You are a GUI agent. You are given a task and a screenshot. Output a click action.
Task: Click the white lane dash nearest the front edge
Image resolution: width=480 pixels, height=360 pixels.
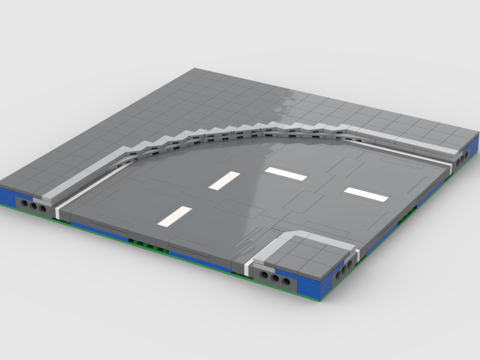175,216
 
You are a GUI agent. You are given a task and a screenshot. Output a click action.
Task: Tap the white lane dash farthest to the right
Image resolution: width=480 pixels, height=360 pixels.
366,193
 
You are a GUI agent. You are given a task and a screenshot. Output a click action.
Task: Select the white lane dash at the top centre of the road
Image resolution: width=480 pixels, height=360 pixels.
286,174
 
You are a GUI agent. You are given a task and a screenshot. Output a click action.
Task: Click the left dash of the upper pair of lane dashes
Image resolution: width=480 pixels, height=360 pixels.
224,180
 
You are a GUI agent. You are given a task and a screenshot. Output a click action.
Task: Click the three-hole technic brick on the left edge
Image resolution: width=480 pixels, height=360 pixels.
33,205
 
